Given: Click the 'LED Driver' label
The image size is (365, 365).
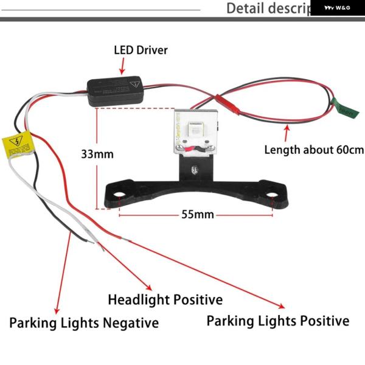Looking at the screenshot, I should point(141,50).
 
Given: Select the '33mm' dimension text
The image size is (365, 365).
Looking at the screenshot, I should point(97,154).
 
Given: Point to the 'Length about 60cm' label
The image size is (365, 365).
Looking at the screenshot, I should point(313,150).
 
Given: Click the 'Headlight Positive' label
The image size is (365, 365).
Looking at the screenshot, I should point(165,300).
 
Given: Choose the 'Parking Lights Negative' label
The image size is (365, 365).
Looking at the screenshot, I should point(84,322).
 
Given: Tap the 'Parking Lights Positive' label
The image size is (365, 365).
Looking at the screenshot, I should point(278,321).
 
